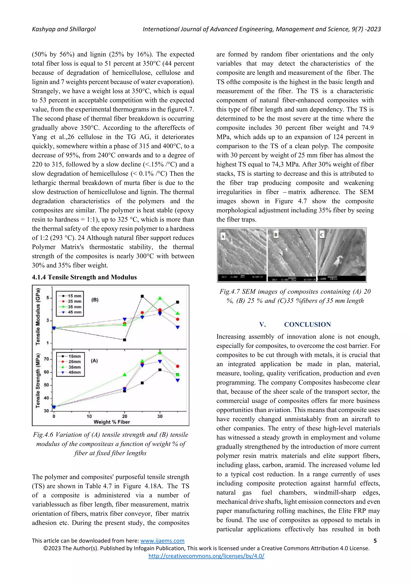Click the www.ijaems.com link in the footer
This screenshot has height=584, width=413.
click(162, 541)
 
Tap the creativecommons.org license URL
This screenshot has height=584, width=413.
click(206, 556)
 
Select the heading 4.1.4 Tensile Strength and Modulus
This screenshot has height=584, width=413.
click(84, 277)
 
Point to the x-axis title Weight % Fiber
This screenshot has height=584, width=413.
click(112, 422)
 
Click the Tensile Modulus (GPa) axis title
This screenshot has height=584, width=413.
click(38, 317)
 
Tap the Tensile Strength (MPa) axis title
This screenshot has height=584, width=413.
click(38, 381)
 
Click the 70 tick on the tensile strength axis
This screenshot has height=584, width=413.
click(46, 359)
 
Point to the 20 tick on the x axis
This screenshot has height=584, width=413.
click(125, 416)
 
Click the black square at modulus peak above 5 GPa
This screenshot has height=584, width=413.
click(142, 296)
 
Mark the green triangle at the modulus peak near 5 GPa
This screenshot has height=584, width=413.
click(160, 298)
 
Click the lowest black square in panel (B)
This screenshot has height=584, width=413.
click(125, 340)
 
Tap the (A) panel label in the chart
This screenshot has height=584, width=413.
click(94, 361)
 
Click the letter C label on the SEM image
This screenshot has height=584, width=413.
click(322, 235)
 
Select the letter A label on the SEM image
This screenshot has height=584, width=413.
click(223, 236)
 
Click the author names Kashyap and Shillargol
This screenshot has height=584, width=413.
click(64, 29)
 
